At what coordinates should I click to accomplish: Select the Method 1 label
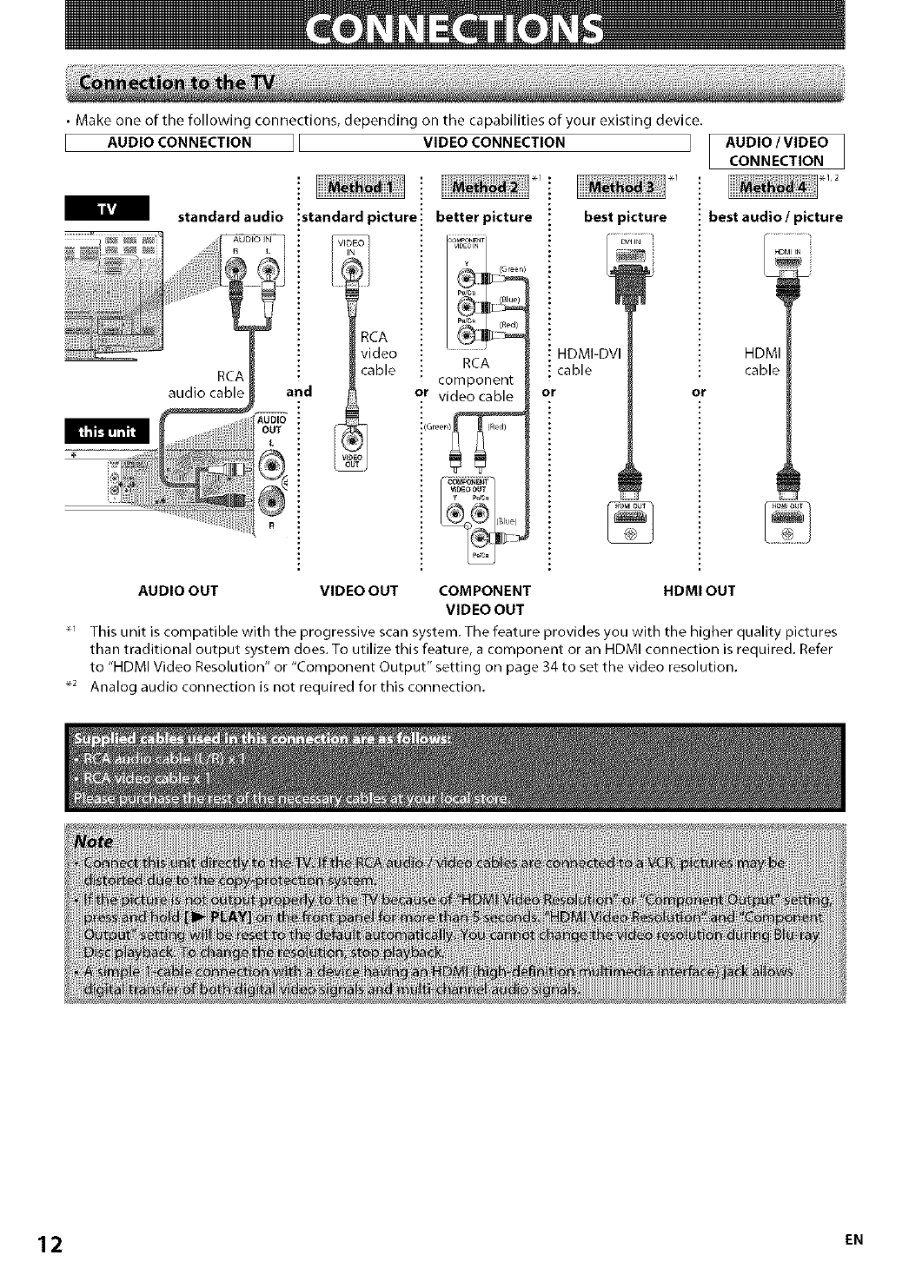coord(354,188)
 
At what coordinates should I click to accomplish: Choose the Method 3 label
coord(620,188)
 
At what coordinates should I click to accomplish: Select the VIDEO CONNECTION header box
coord(493,142)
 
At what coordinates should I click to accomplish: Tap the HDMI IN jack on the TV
coord(786,258)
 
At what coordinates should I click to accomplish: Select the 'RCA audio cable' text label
coord(206,383)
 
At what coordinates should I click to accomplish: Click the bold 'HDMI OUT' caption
coord(699,591)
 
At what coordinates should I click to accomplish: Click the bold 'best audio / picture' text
coord(775,217)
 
